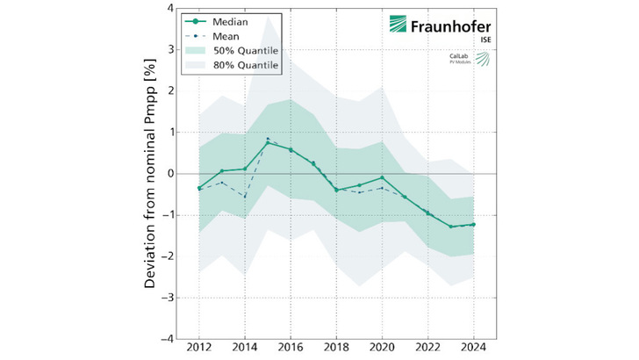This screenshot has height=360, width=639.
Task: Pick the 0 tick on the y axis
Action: pos(170,174)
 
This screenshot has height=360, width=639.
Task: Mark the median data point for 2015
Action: pos(268,142)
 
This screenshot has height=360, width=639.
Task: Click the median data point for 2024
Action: pos(474,224)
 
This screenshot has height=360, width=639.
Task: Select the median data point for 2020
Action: pos(383,177)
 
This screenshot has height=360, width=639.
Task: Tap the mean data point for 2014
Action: pos(245,197)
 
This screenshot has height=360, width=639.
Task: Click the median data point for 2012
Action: pos(199,188)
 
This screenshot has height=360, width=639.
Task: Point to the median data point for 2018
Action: pos(336,190)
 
